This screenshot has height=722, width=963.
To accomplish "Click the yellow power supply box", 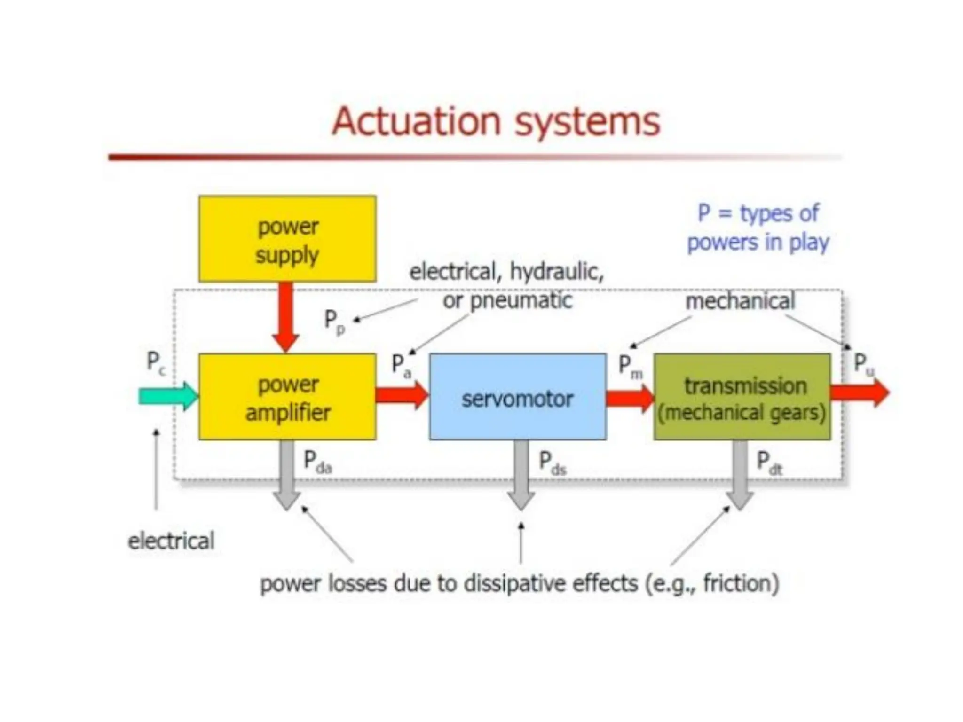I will pyautogui.click(x=287, y=239).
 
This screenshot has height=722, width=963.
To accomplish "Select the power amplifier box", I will pyautogui.click(x=287, y=397).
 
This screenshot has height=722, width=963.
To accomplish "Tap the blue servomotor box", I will pyautogui.click(x=518, y=397).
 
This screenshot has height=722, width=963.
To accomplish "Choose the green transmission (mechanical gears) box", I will pyautogui.click(x=742, y=397).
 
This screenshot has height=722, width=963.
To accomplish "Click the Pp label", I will pyautogui.click(x=334, y=322).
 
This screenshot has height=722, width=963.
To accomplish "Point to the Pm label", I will pyautogui.click(x=630, y=367).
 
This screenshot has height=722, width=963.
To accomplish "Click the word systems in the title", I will pyautogui.click(x=587, y=122).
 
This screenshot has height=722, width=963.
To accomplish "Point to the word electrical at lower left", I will pyautogui.click(x=171, y=541).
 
